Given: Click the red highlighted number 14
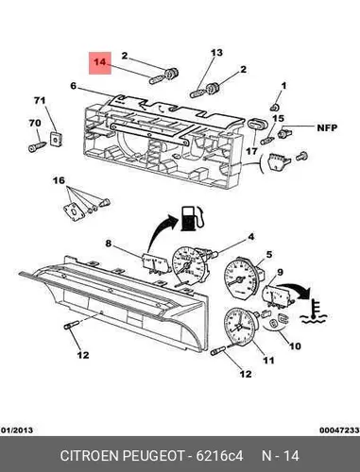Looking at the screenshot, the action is [100, 62].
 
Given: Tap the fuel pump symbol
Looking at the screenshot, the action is [192, 218].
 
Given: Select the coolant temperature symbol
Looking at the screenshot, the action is [314, 312].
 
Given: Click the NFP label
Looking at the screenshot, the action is [327, 127].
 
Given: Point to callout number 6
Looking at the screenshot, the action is [74, 85].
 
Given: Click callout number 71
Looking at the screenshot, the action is [40, 101].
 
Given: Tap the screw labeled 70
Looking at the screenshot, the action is [37, 147].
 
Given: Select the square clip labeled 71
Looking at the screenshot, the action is [56, 139].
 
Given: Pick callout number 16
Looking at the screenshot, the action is [59, 180].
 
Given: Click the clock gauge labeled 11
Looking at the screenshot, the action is [240, 327].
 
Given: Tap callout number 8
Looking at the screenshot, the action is [109, 244].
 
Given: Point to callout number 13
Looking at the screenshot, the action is [216, 53].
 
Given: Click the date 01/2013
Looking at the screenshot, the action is [17, 430].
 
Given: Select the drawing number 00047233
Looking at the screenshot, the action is [339, 430].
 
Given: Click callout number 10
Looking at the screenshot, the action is [295, 346].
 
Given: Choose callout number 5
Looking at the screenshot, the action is [269, 254].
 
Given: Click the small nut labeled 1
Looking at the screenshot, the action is [274, 107].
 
